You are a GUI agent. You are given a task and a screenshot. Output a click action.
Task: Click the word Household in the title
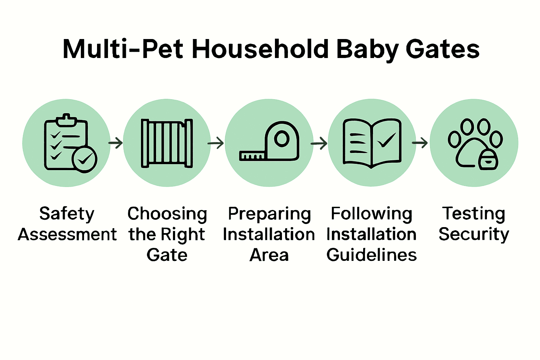(261, 49)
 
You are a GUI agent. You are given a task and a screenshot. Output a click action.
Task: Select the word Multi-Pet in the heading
(123, 49)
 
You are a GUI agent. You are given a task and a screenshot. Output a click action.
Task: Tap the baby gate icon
(167, 143)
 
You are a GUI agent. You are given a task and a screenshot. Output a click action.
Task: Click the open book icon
(372, 143)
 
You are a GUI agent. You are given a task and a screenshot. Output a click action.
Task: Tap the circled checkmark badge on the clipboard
(84, 159)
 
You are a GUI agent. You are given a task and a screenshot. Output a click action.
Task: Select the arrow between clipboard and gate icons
(115, 143)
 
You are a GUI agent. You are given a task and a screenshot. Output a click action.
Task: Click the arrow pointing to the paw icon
(419, 143)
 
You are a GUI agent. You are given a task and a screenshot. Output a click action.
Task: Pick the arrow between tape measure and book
(319, 143)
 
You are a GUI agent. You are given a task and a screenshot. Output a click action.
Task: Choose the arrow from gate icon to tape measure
(216, 143)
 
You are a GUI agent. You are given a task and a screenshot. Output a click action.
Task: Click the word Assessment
(67, 234)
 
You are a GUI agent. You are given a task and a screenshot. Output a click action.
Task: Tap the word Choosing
(167, 214)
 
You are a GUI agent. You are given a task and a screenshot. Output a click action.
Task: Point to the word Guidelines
(372, 255)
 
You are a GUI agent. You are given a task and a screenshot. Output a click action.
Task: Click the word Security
(474, 234)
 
